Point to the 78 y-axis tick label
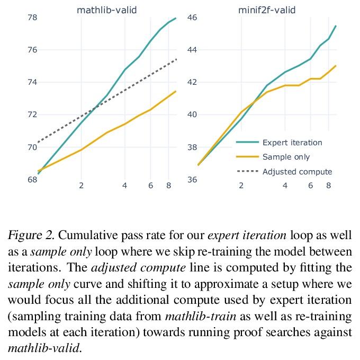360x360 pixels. point(32,17)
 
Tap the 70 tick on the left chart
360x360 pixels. point(32,147)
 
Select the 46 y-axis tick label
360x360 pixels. point(192,17)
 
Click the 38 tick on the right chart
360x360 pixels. point(192,147)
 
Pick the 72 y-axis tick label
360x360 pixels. point(32,115)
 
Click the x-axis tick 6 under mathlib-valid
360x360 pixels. point(151,186)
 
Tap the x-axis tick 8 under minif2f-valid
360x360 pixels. point(328,186)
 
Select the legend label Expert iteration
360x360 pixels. point(292,142)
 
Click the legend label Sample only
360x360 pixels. point(286,157)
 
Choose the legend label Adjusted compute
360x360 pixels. point(297,172)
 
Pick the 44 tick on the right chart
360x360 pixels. point(192,50)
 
